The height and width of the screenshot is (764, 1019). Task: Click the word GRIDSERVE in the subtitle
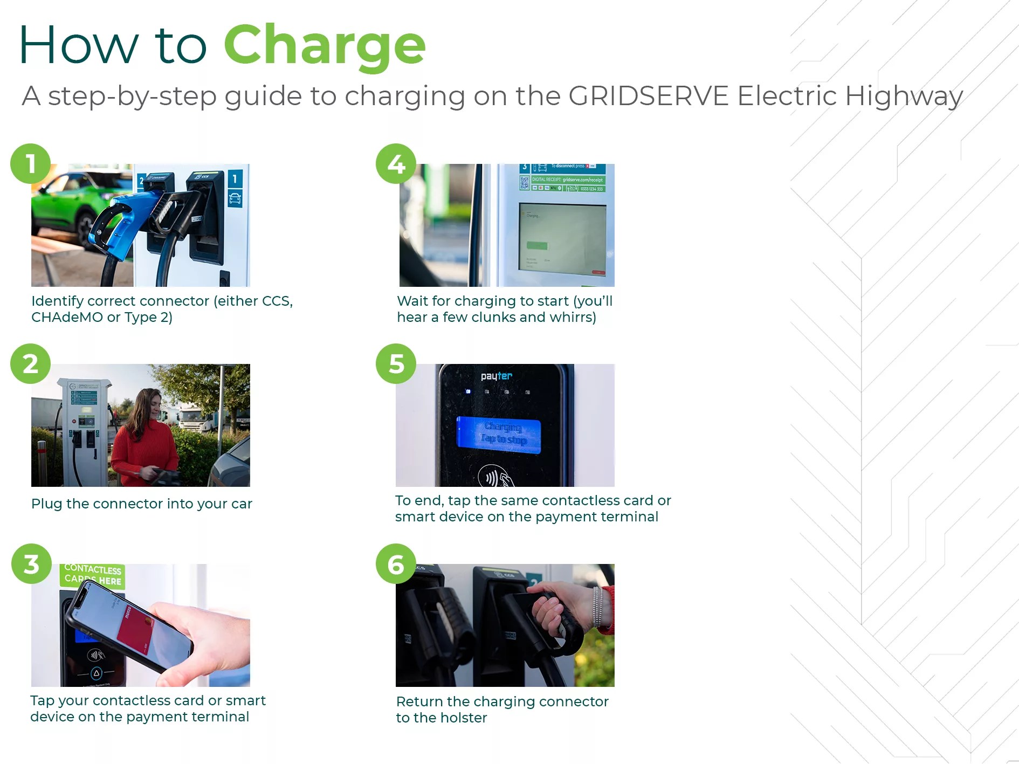tap(648, 96)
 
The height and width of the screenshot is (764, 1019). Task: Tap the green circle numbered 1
tap(31, 164)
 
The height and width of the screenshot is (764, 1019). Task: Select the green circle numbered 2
tap(31, 364)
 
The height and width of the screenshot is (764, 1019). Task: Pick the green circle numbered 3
tap(31, 564)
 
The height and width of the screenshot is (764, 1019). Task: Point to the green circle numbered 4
tap(396, 164)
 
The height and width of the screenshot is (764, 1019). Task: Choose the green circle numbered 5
tap(396, 364)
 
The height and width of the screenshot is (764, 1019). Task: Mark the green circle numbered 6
tap(396, 564)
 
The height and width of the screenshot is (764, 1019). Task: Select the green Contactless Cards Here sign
tap(93, 575)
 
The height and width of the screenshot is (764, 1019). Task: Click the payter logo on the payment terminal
tap(497, 376)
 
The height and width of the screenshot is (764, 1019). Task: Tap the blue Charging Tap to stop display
tap(499, 435)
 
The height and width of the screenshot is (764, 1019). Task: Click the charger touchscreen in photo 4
tap(562, 238)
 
